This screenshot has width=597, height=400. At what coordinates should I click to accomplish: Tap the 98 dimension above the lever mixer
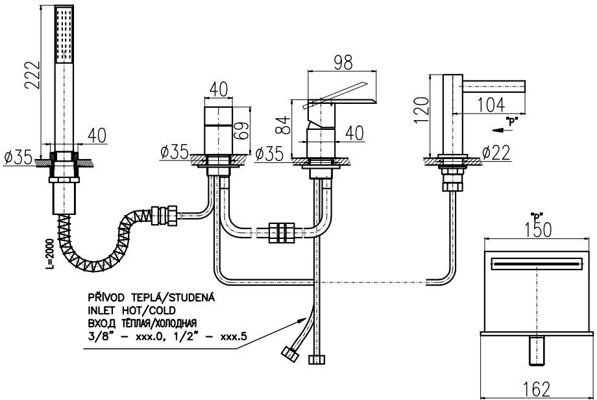tap(345, 63)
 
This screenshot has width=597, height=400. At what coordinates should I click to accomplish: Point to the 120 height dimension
tap(422, 110)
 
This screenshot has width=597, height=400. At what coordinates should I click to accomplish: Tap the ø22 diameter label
tap(496, 153)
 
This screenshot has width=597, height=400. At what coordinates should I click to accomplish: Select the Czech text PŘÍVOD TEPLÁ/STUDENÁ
tap(151, 297)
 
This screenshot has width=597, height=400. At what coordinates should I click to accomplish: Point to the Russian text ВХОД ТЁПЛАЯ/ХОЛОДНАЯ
tap(141, 323)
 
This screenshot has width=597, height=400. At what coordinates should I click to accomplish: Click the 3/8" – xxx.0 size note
tap(130, 336)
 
